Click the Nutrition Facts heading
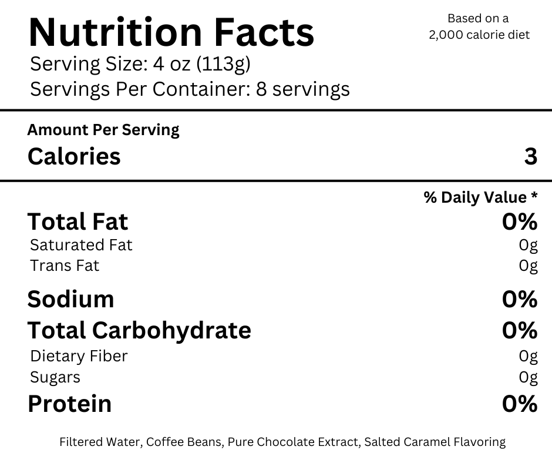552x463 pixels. coord(171,32)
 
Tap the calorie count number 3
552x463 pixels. coord(530,156)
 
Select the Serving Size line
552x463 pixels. coord(140,65)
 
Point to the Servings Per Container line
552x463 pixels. coord(190,89)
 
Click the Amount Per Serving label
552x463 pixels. coord(103,130)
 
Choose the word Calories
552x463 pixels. coord(74,156)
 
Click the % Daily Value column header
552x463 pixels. coord(480,197)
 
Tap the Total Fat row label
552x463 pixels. coord(78,222)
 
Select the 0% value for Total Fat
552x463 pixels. coord(520,222)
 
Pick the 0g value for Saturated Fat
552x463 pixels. coord(528,245)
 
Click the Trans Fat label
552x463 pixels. coord(65,266)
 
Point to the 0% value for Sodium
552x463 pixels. coord(520,299)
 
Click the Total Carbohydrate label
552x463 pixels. coord(139,331)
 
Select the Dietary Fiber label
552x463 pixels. coord(79,356)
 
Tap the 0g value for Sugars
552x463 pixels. coord(528,377)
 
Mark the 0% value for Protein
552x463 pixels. coord(520,404)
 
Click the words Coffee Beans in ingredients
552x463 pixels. coord(184,442)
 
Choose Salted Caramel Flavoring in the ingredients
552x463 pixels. coord(435,442)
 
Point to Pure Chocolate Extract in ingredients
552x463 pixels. coord(294,442)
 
